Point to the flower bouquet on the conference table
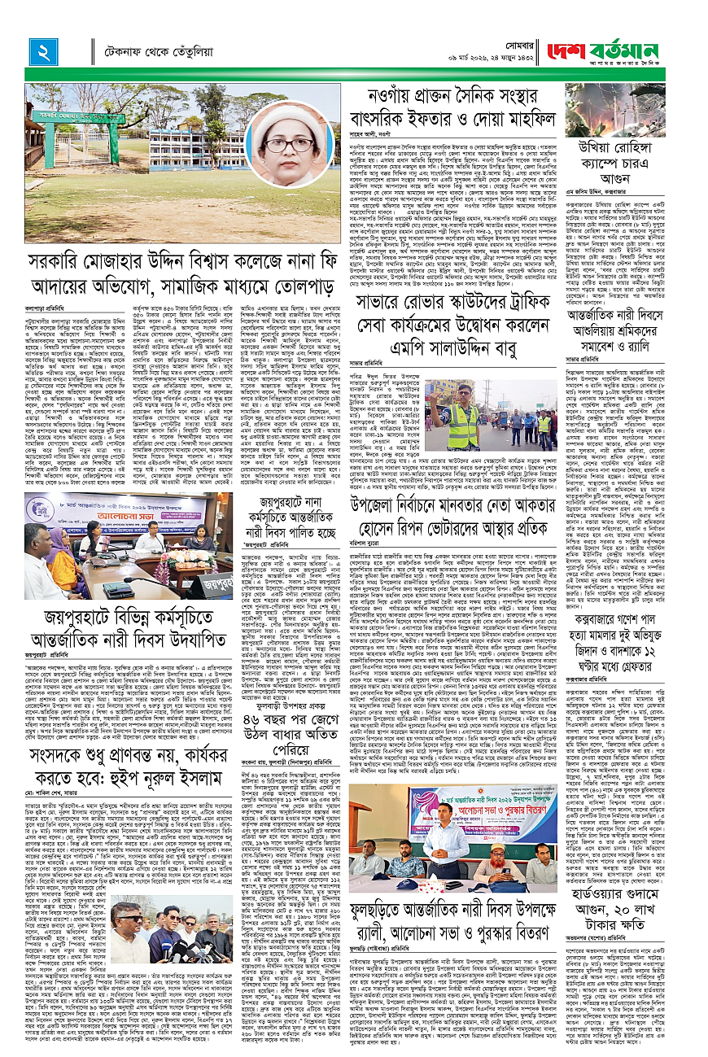tap(172, 554)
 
